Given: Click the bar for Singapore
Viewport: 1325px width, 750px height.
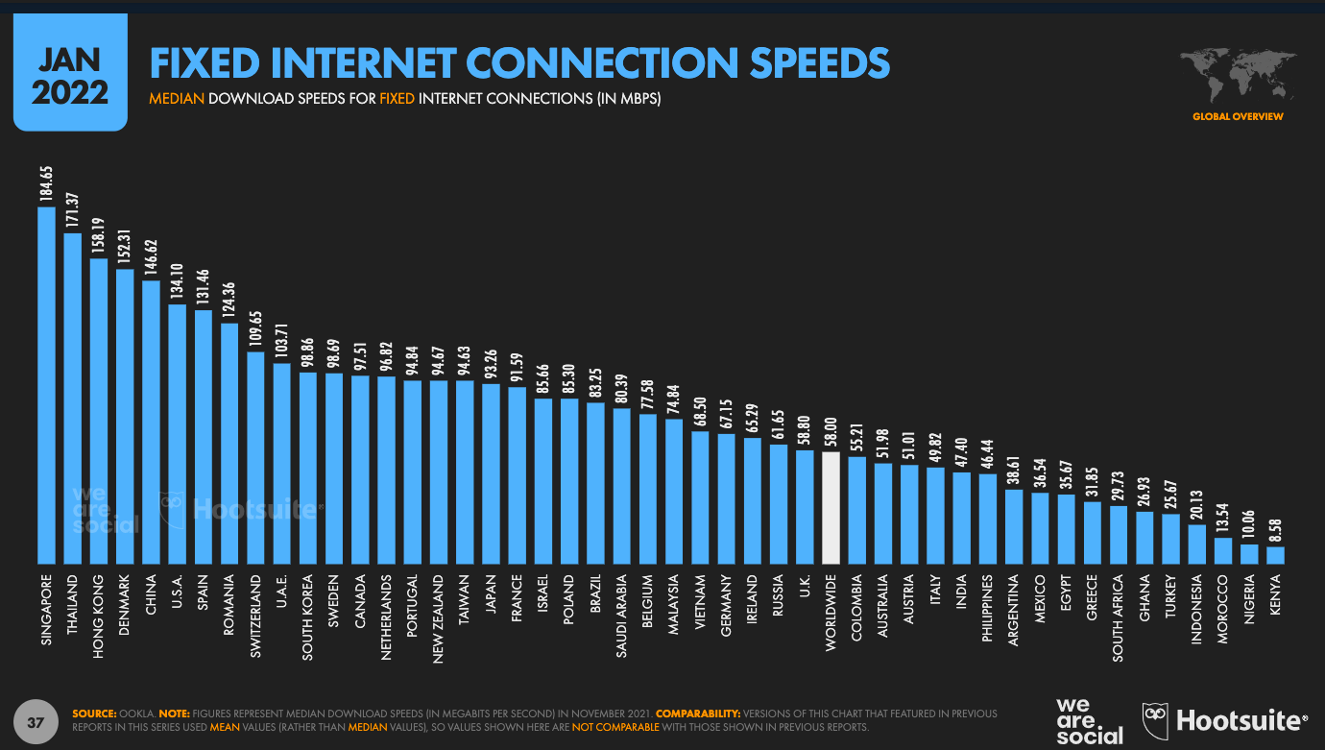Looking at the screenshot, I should [x=46, y=384].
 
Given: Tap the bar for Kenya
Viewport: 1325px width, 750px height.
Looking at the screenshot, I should [x=1275, y=554].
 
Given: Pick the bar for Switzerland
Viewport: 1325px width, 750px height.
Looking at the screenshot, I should [x=255, y=457].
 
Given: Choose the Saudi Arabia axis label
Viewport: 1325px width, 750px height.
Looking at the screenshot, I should [x=622, y=613].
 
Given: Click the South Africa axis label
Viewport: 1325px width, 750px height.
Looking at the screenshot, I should [x=1119, y=613].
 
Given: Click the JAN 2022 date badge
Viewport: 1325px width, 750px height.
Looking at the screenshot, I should [x=70, y=79].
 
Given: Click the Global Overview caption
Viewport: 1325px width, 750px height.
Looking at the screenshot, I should [x=1238, y=116].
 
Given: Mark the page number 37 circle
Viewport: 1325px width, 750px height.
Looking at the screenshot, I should [x=36, y=721].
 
